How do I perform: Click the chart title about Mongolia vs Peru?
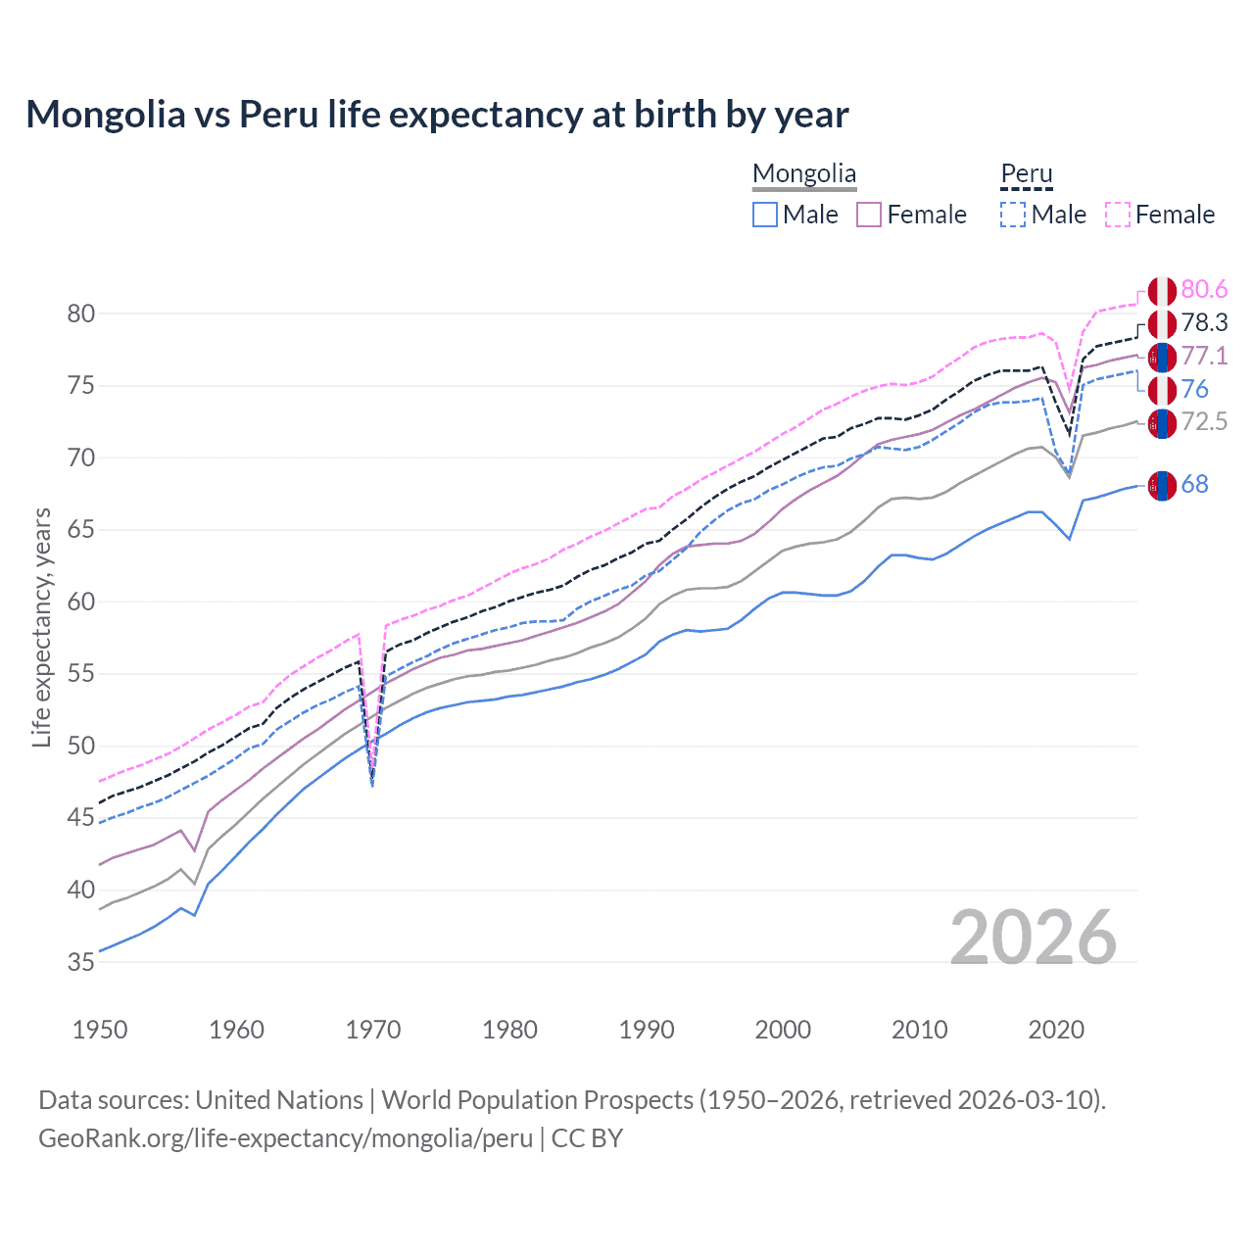[x=437, y=115]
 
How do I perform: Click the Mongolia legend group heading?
[x=803, y=174]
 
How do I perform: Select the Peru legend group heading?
[x=1026, y=174]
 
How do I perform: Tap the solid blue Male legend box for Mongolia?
[x=765, y=215]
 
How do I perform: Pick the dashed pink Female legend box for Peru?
[x=1118, y=215]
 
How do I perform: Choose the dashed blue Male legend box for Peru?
[x=1013, y=215]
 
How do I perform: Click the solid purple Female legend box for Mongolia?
[x=869, y=215]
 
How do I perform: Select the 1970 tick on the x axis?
[x=373, y=1030]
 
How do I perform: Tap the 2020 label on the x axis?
[x=1056, y=1030]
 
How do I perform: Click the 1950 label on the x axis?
[x=100, y=1030]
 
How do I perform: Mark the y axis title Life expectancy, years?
[x=41, y=627]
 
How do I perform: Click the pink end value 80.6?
[x=1204, y=289]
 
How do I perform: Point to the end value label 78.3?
[x=1204, y=322]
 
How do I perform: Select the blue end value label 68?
[x=1194, y=484]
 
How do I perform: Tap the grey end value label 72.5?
[x=1204, y=421]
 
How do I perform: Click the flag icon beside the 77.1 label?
[x=1162, y=357]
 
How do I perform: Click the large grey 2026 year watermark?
[x=1034, y=938]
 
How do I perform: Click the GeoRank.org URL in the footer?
[x=285, y=1138]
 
